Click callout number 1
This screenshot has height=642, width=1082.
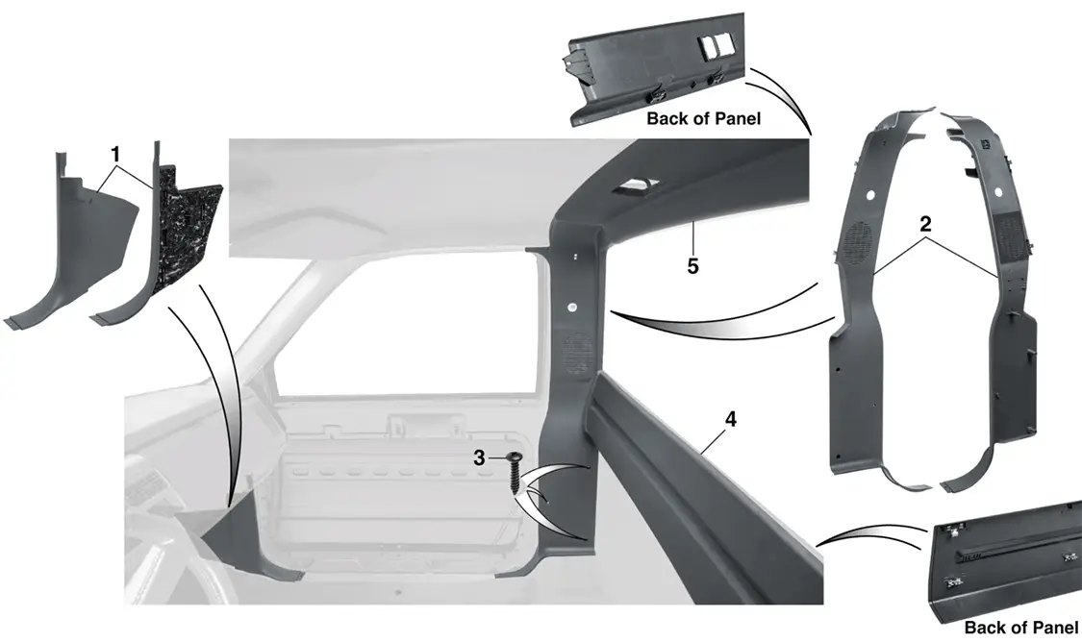[116, 153]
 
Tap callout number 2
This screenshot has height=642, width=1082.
[925, 223]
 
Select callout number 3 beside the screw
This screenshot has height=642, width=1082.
[480, 457]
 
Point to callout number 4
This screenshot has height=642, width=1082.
[731, 419]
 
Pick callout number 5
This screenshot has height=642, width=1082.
[692, 265]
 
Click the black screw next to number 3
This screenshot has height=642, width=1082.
[516, 471]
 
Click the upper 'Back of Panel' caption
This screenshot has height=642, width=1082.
[703, 118]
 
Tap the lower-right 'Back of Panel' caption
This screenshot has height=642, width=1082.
[1020, 628]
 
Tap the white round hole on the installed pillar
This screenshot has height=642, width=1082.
[573, 308]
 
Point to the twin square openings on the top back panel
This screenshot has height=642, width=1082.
[717, 45]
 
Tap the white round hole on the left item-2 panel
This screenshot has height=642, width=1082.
[870, 195]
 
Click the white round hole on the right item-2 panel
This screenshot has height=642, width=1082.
[997, 189]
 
